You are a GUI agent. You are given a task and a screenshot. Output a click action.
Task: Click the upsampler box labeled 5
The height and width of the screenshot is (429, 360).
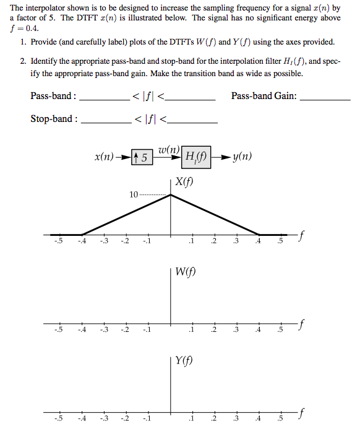tap(142, 157)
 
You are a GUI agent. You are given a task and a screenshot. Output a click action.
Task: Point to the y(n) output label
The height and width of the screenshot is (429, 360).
tap(242, 157)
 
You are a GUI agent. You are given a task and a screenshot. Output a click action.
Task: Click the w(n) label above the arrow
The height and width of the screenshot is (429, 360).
tap(168, 149)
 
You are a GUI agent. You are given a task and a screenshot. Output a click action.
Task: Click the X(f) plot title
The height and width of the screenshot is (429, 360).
tap(184, 182)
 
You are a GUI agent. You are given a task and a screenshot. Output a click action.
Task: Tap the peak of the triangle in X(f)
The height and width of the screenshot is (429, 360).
tap(171, 195)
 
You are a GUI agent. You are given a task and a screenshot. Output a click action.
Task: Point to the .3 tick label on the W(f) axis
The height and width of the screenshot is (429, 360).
tap(236, 330)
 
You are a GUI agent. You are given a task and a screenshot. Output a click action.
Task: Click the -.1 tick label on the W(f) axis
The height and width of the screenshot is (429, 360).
tap(146, 330)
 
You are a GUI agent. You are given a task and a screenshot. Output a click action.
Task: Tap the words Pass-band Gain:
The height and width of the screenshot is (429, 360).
tap(264, 96)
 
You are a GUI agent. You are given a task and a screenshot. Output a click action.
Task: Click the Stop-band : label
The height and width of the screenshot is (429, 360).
tap(54, 119)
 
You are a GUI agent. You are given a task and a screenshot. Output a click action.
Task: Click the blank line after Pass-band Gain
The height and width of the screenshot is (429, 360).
tap(326, 99)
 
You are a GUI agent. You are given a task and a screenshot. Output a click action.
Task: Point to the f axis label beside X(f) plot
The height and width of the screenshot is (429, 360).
tap(302, 235)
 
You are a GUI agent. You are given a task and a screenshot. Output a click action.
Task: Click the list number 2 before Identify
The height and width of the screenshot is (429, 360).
tap(22, 62)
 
